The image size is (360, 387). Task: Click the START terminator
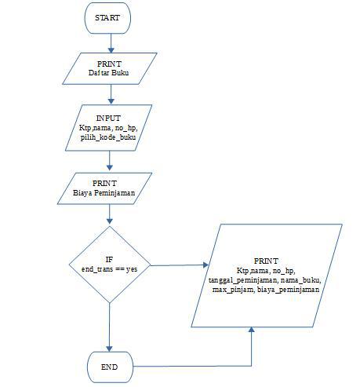tap(107, 18)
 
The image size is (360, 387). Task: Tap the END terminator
tap(109, 366)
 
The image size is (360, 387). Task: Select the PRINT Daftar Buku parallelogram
tap(111, 68)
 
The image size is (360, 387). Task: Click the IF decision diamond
tap(110, 265)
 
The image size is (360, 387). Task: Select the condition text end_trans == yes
tap(110, 269)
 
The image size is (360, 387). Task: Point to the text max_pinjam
tap(231, 290)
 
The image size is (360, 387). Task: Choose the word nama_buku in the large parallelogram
tap(300, 280)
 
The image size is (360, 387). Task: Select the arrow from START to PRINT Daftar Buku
tap(110, 42)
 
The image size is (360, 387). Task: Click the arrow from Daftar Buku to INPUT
tap(110, 94)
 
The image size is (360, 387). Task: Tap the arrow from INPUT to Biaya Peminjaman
tap(110, 161)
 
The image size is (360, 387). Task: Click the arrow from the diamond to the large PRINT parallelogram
tap(179, 265)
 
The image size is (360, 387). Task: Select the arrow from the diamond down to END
tap(110, 327)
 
